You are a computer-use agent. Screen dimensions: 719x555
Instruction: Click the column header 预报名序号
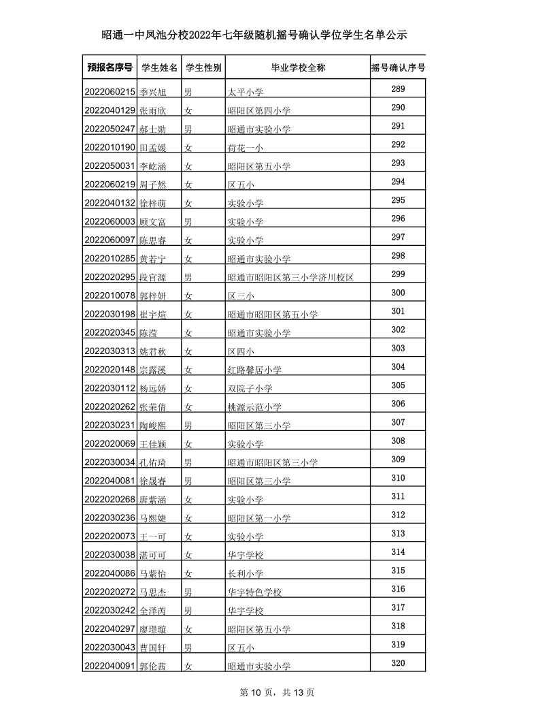coord(110,67)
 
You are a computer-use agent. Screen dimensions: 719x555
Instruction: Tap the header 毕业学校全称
coord(298,67)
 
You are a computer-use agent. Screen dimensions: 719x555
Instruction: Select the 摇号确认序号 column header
coord(398,67)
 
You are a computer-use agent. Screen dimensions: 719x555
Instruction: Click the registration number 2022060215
coord(110,92)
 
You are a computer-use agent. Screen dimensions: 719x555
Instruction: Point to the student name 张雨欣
coord(152,110)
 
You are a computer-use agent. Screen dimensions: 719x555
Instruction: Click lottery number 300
coord(398,293)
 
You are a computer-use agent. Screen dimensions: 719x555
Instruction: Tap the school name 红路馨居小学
coord(254,370)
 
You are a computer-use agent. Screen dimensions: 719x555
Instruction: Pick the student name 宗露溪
coord(152,370)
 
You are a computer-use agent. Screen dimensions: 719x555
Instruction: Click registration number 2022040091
coord(110,667)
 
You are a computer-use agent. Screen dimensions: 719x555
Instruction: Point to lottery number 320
coord(398,664)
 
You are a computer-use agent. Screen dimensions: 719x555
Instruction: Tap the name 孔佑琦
coord(152,462)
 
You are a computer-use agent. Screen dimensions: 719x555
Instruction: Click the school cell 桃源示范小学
coord(254,406)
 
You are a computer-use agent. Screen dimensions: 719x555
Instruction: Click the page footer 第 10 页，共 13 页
coord(277,692)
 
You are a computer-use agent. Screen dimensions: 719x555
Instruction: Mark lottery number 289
coord(398,89)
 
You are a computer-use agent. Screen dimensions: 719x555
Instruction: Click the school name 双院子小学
coord(250,388)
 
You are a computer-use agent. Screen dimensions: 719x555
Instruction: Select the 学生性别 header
coord(203,67)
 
